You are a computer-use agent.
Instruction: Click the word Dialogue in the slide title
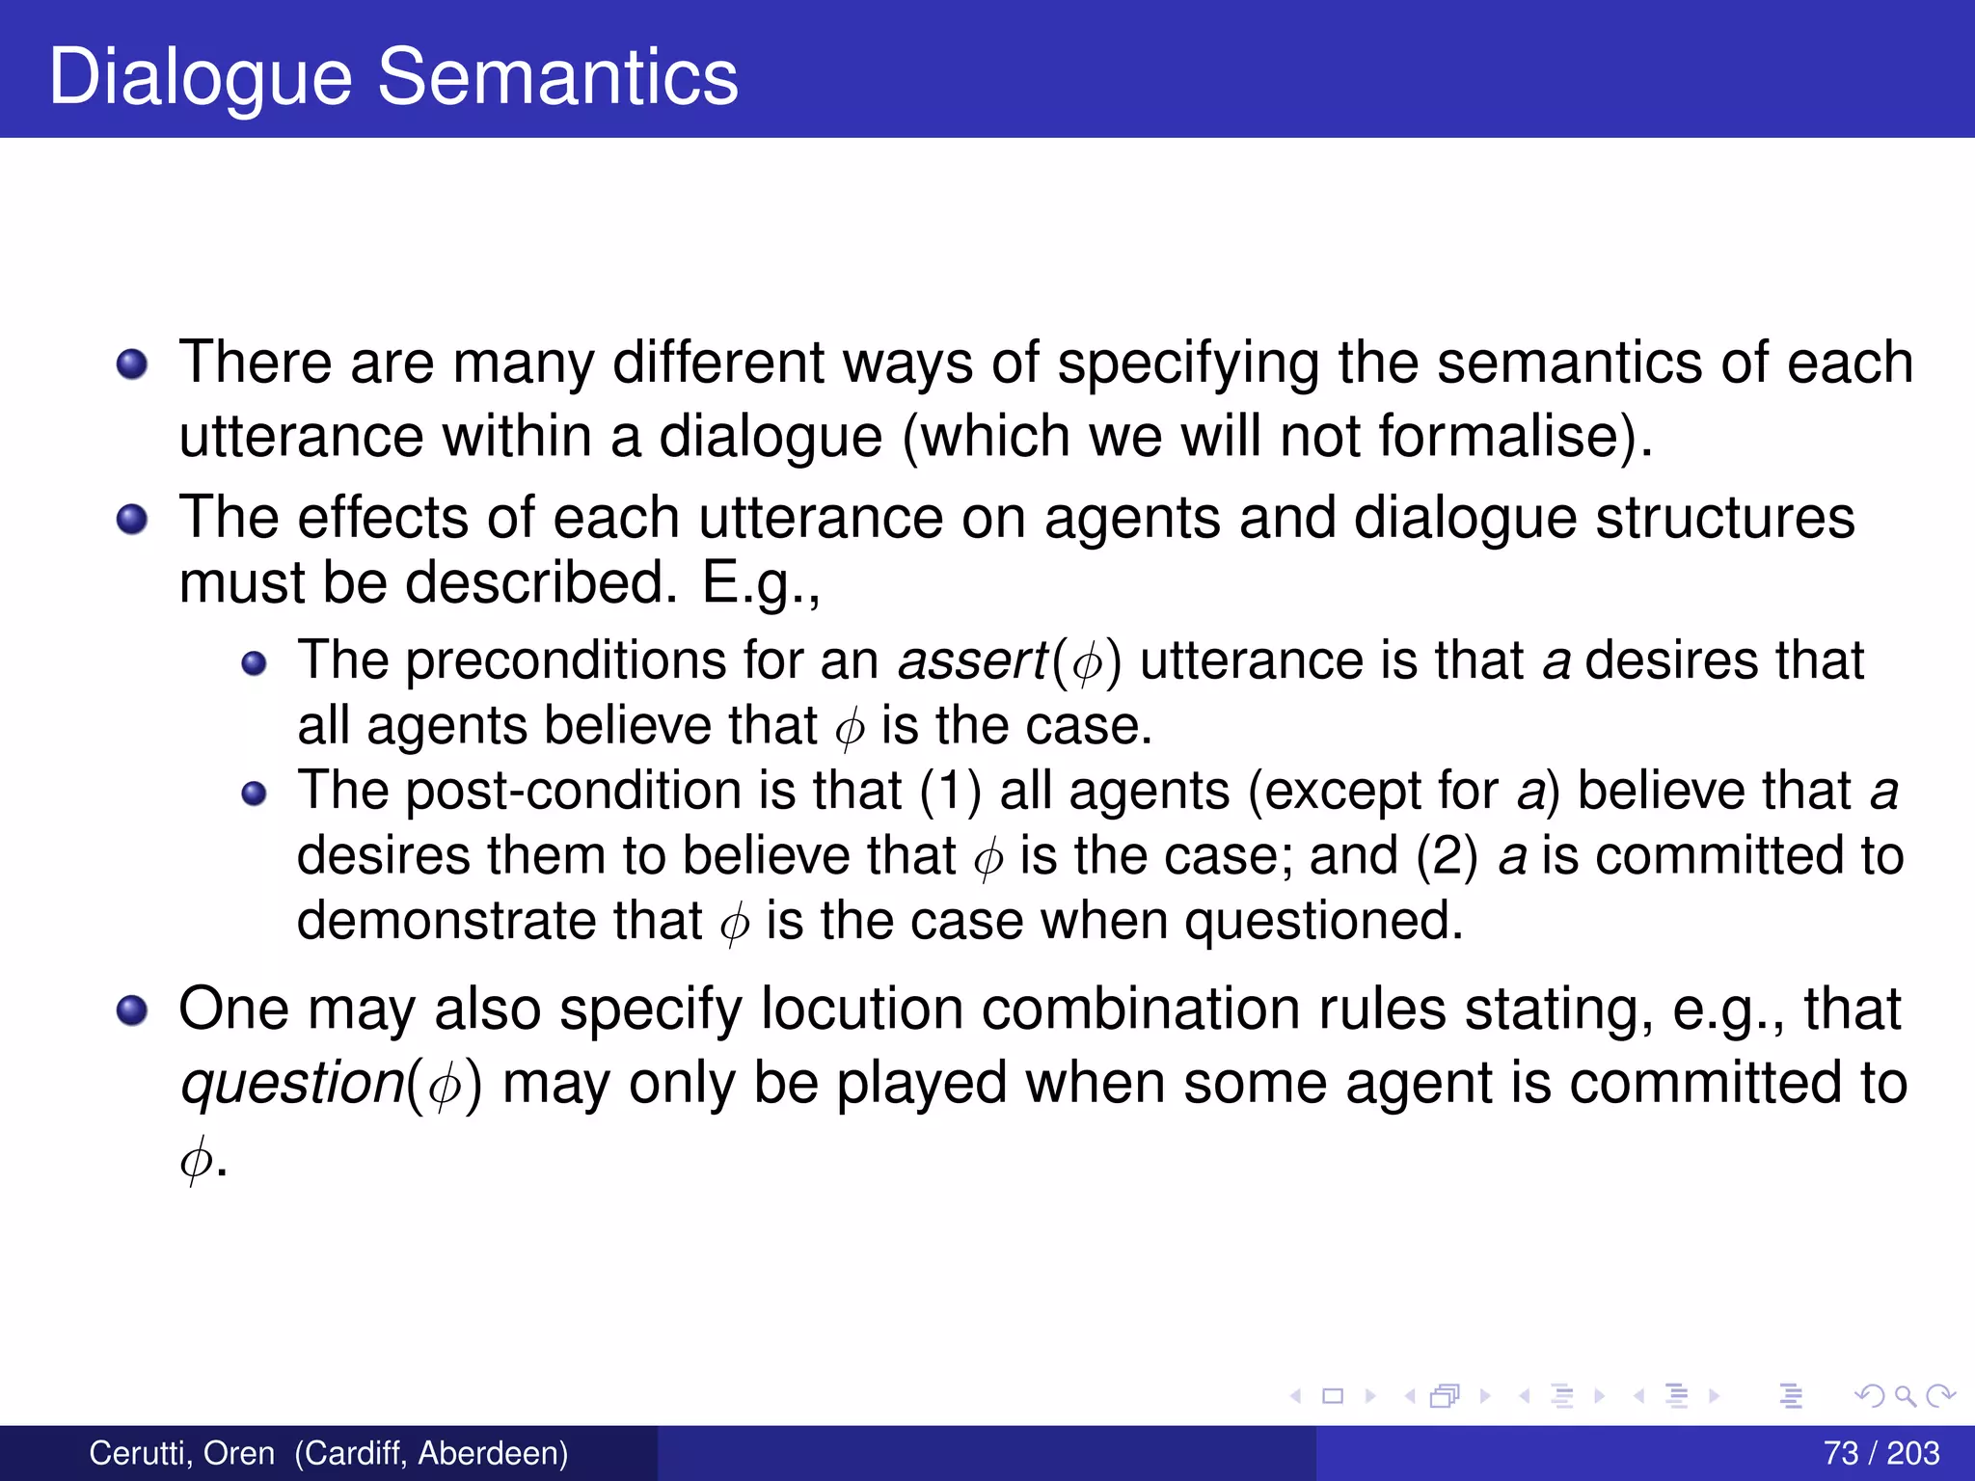click(200, 77)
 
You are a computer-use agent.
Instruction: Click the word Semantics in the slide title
click(557, 77)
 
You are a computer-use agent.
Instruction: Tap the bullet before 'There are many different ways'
click(132, 365)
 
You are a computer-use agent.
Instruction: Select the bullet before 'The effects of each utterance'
click(132, 521)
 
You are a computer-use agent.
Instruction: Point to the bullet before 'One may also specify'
click(132, 1011)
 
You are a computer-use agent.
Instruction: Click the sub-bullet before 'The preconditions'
click(254, 663)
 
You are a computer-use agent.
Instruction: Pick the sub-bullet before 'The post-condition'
click(254, 794)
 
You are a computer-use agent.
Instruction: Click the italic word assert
click(972, 661)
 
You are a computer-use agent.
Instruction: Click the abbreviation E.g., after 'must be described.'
click(761, 583)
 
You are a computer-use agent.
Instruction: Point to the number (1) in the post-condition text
click(949, 792)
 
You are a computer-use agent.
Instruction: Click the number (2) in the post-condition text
click(1446, 856)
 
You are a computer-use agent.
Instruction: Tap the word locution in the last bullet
click(861, 1010)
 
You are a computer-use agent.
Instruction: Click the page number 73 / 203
click(1880, 1453)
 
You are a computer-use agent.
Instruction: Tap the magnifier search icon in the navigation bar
click(1905, 1395)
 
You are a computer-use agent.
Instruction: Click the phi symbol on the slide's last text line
click(195, 1158)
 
